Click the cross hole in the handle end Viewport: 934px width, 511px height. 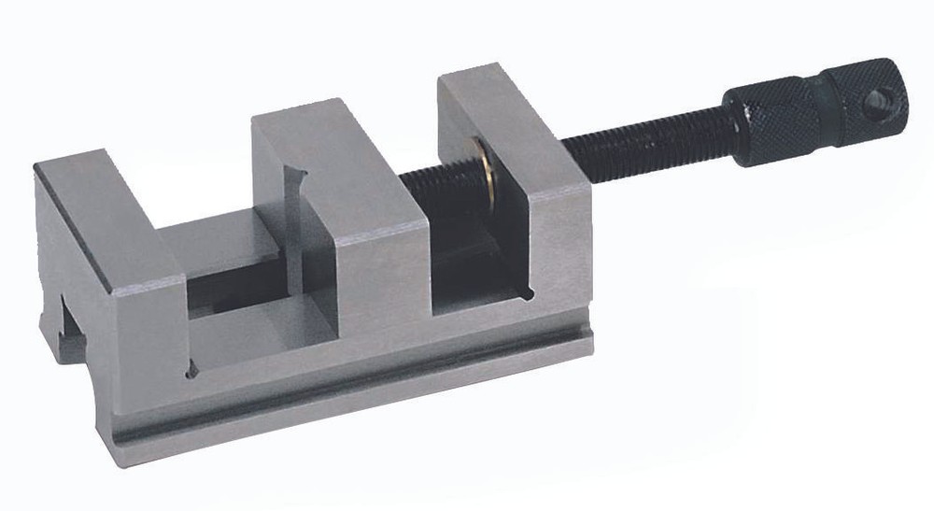pyautogui.click(x=876, y=103)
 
